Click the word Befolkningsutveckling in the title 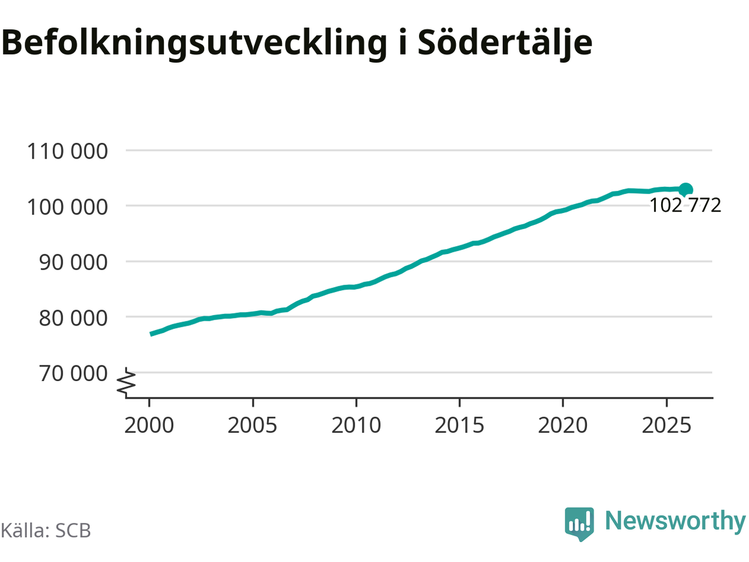click(194, 42)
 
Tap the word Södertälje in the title click(504, 42)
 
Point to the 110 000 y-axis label click(67, 151)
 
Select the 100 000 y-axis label click(67, 207)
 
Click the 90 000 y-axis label click(73, 262)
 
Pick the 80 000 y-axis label click(73, 317)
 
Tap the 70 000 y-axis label click(73, 373)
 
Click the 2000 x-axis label click(149, 425)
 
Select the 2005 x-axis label click(252, 425)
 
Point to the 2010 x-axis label click(356, 425)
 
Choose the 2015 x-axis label click(459, 425)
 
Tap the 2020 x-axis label click(562, 425)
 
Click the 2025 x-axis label click(666, 425)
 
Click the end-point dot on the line click(685, 189)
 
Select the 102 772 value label click(685, 205)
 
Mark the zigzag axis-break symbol click(127, 381)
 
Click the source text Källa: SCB click(46, 530)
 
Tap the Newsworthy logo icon click(579, 523)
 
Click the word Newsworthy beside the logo click(675, 520)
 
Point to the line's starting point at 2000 click(151, 334)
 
